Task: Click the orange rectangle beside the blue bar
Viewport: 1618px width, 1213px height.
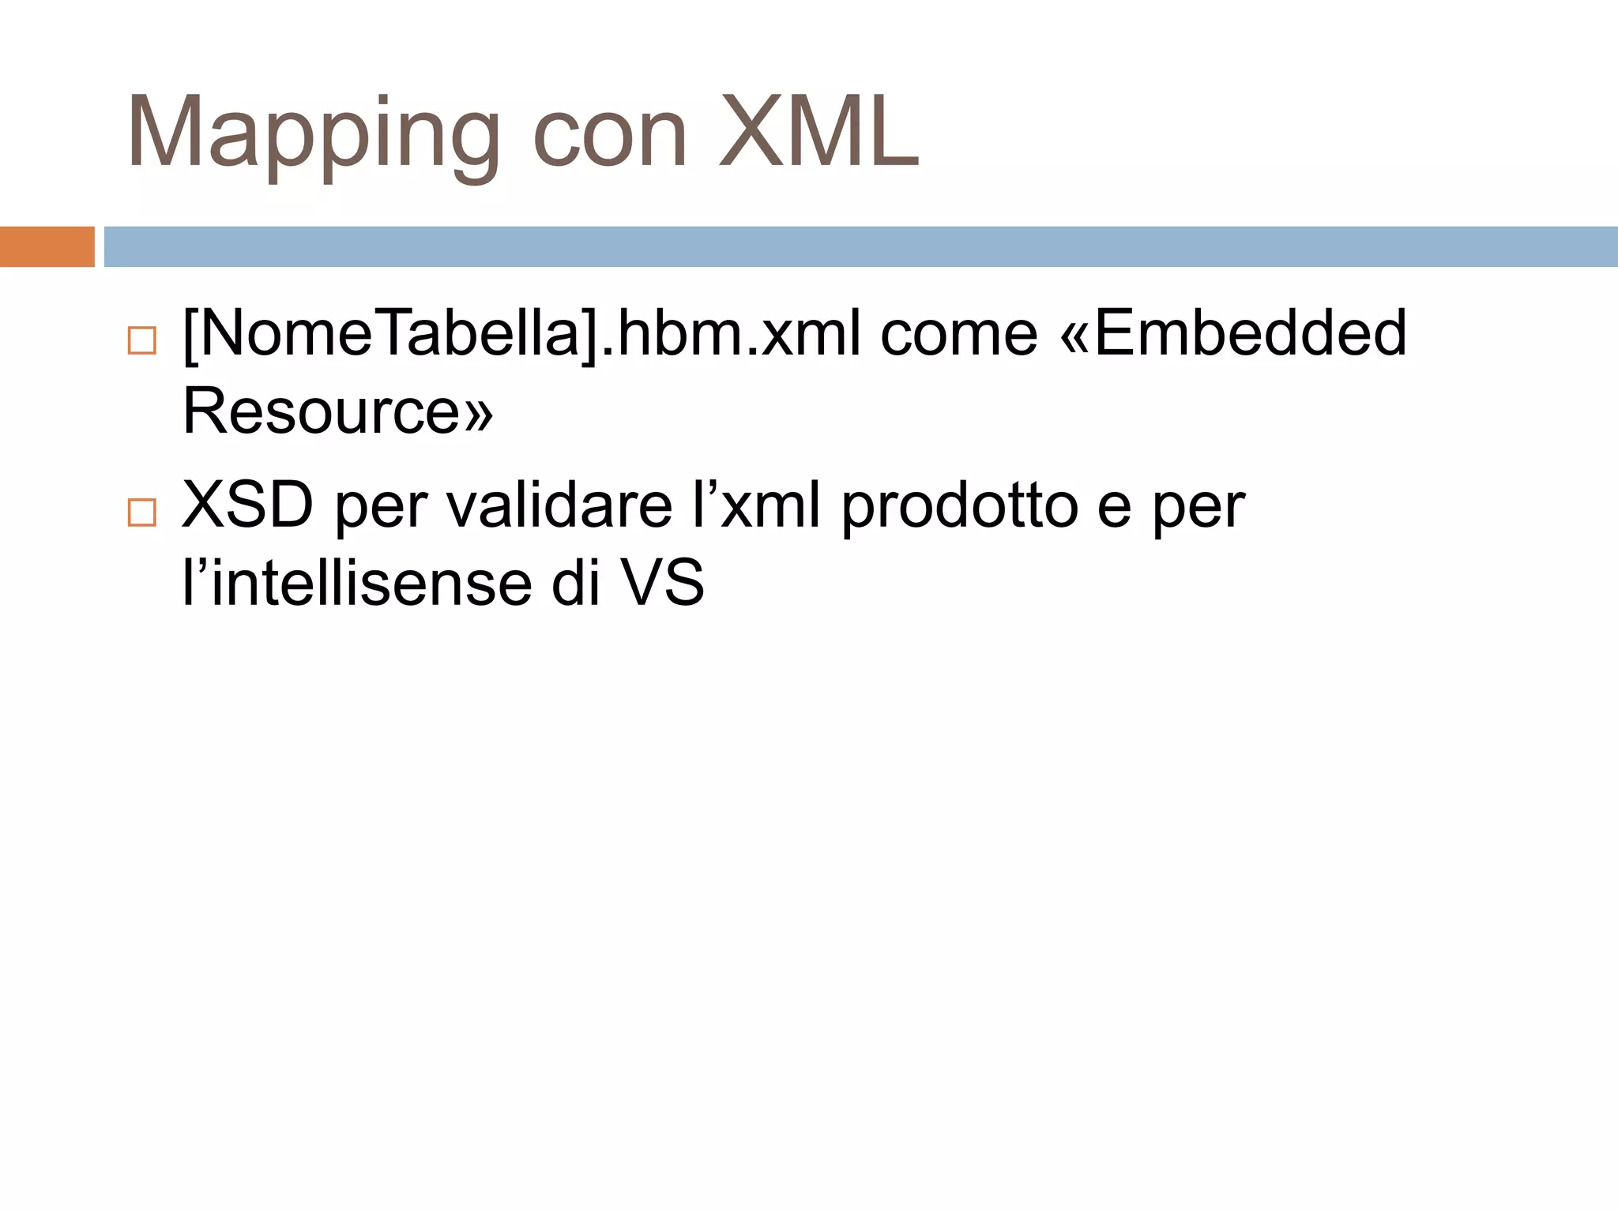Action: point(47,246)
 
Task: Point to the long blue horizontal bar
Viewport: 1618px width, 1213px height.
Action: point(860,246)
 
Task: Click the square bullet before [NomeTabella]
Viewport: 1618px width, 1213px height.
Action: point(142,340)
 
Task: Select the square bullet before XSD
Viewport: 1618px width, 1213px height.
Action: point(142,513)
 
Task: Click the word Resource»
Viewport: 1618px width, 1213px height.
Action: point(338,411)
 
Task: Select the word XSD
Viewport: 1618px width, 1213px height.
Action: point(247,505)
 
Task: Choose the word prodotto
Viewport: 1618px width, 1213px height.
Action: point(959,505)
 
